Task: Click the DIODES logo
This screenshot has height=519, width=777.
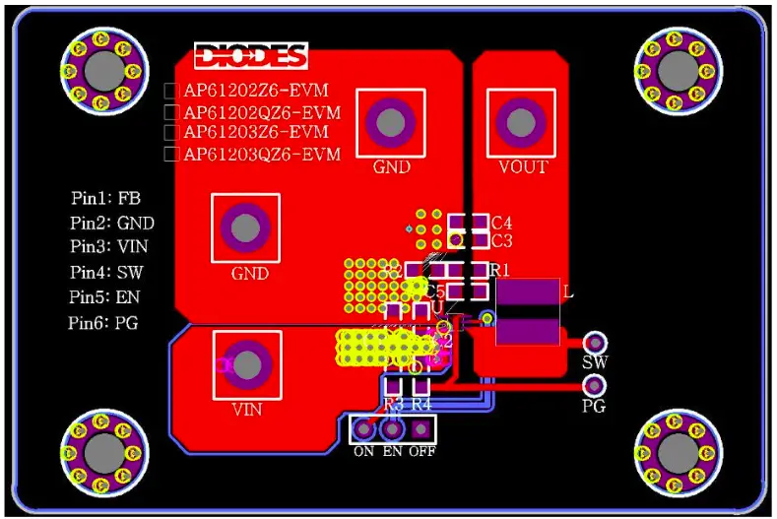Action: click(x=250, y=56)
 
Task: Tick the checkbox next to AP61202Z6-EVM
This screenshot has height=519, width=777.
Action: click(x=170, y=91)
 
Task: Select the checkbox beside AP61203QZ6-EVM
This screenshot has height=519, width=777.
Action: click(x=170, y=154)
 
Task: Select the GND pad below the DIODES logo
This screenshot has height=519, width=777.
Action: click(x=390, y=122)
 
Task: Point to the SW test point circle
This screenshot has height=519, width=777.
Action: click(x=594, y=342)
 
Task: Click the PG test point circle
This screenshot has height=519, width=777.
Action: click(x=594, y=385)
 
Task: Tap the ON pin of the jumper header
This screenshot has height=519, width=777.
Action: click(x=364, y=429)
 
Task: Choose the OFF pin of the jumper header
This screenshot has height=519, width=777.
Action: click(x=421, y=429)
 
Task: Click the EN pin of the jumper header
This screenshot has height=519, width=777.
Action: click(x=392, y=429)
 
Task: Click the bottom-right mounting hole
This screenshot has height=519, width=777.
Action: click(x=676, y=450)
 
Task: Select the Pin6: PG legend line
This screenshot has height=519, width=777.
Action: click(x=104, y=322)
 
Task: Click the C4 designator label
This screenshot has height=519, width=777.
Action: click(x=501, y=223)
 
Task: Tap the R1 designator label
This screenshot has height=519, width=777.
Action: click(x=499, y=270)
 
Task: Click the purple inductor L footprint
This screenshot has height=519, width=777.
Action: click(x=527, y=312)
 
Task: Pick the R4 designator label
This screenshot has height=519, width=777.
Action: click(x=421, y=404)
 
